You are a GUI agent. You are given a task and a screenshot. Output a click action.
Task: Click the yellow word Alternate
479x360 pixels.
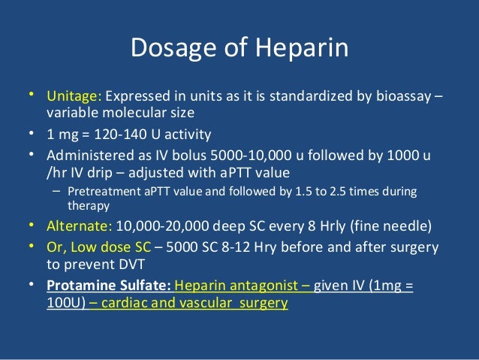[79, 225]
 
